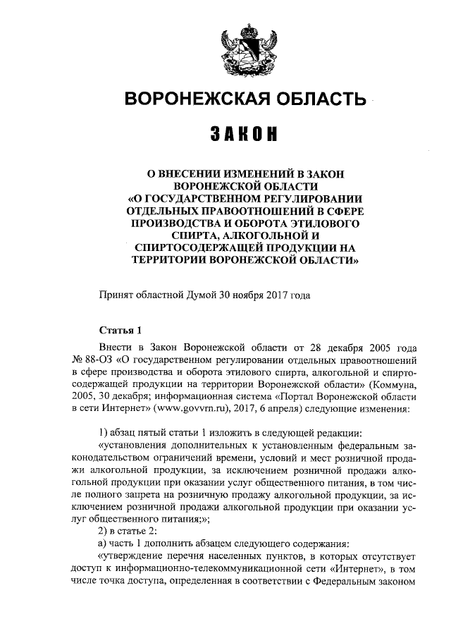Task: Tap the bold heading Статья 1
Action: [x=121, y=331]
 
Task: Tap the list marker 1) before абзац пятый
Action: [x=103, y=434]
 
